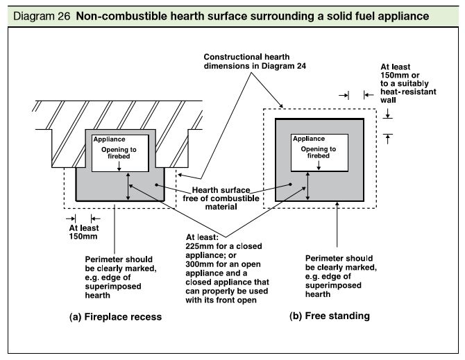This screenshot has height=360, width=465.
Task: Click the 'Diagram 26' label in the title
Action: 32,15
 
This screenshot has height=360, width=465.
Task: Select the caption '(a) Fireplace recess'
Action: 115,316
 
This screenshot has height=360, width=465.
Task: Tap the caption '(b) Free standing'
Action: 330,316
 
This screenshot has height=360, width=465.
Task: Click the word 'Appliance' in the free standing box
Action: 309,139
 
